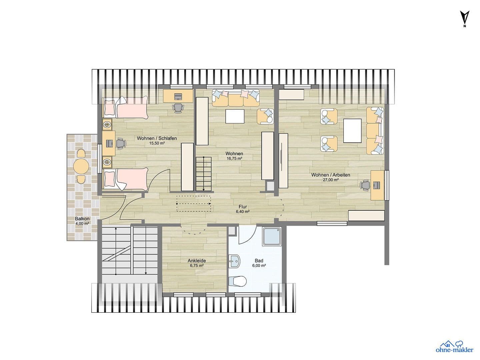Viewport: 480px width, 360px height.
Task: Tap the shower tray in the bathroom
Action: (x=272, y=236)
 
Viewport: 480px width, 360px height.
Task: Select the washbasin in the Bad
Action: (x=235, y=261)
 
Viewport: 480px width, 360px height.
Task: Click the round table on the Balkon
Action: (x=81, y=166)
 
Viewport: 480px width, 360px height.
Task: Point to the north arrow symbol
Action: (x=465, y=18)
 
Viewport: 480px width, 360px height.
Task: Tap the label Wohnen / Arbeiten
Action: (x=330, y=175)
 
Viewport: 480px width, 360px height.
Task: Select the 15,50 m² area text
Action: (x=157, y=143)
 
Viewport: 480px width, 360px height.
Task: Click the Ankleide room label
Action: (x=197, y=261)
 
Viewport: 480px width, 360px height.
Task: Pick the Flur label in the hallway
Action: (x=243, y=207)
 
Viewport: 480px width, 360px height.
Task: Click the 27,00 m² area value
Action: (x=330, y=180)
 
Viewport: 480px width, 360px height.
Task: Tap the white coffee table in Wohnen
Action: (x=235, y=116)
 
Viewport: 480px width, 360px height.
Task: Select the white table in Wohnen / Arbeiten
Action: (x=352, y=131)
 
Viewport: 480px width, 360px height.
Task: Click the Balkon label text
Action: (x=82, y=219)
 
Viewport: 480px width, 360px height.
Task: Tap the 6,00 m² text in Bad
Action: (x=259, y=266)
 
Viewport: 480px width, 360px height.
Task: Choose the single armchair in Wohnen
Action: (x=265, y=116)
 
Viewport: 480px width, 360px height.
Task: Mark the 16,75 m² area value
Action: (x=234, y=159)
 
